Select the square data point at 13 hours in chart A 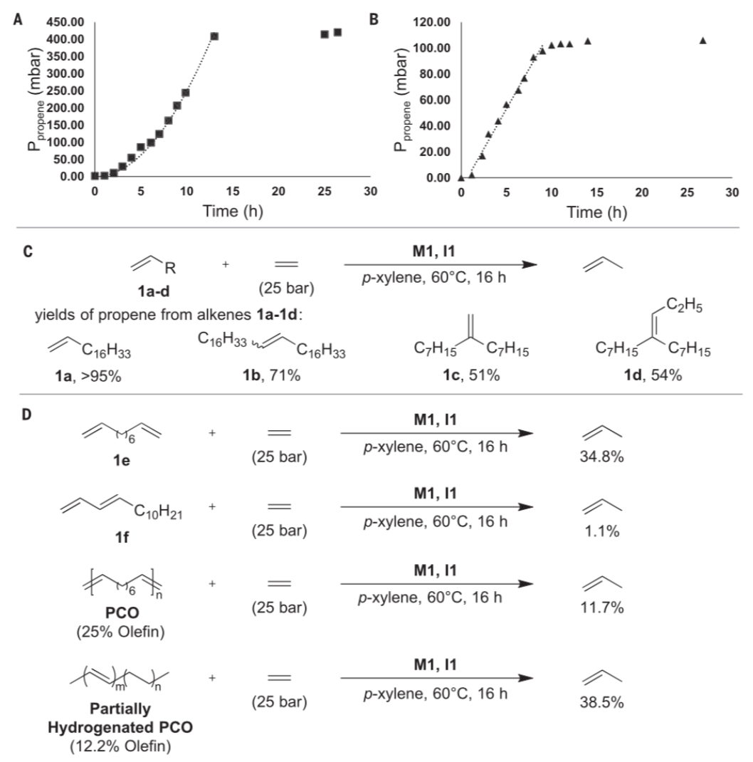214,36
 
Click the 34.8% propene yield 601,456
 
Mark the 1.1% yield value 601,531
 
